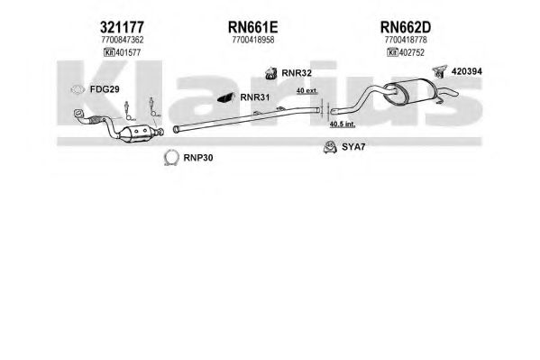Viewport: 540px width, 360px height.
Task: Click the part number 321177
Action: (122, 27)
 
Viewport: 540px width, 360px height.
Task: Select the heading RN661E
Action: (252, 27)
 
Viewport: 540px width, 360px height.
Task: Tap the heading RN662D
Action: (406, 27)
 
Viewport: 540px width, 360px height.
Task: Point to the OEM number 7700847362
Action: (123, 40)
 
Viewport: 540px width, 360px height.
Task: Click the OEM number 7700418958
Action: (253, 40)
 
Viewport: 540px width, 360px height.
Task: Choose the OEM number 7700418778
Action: (406, 40)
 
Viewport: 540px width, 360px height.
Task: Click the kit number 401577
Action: (128, 52)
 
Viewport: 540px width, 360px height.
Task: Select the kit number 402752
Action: (411, 52)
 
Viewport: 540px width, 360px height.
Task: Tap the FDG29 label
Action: (105, 89)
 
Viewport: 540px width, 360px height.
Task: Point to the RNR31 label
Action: (255, 97)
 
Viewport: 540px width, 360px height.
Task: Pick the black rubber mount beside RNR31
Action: (226, 98)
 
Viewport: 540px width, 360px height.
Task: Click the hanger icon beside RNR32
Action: (271, 73)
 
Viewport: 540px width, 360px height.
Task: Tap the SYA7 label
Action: (353, 147)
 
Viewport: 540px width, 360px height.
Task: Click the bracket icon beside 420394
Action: (440, 71)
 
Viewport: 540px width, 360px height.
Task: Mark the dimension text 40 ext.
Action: (307, 91)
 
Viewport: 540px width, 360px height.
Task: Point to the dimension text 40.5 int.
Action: (343, 125)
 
